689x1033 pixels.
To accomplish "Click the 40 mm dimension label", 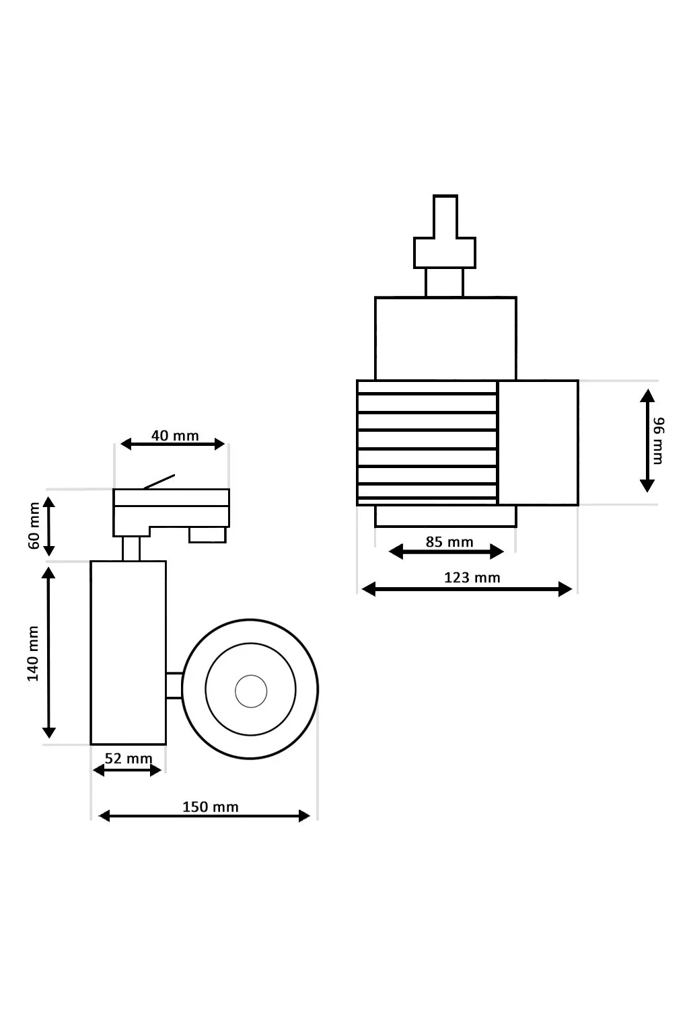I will pos(175,435).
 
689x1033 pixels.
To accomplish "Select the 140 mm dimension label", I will pos(33,654).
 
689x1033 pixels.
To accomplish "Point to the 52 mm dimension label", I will pos(129,759).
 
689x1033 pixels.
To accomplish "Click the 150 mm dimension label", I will pos(211,806).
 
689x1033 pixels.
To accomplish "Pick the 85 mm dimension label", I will pos(449,541).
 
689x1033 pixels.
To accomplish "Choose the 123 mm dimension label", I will pos(472,577).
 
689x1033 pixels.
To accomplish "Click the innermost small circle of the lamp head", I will pos(251,691).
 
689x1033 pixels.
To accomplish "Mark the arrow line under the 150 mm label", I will pos(205,816).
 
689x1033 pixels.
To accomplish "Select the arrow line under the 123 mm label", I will pos(467,589).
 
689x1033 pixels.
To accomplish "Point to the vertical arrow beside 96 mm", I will pos(647,441).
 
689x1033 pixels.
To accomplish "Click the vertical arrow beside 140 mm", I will pos(49,652).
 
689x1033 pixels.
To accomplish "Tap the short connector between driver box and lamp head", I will pos(174,685).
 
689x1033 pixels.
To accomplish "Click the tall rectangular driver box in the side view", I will pos(129,652).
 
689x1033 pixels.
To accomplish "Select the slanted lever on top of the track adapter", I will pos(159,481).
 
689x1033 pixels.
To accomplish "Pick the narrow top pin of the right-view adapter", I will pos(445,216).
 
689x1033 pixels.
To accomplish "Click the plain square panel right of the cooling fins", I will pos(538,443).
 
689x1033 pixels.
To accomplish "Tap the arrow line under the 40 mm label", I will pos(172,444).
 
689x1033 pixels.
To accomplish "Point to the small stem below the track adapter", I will pos(131,548).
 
